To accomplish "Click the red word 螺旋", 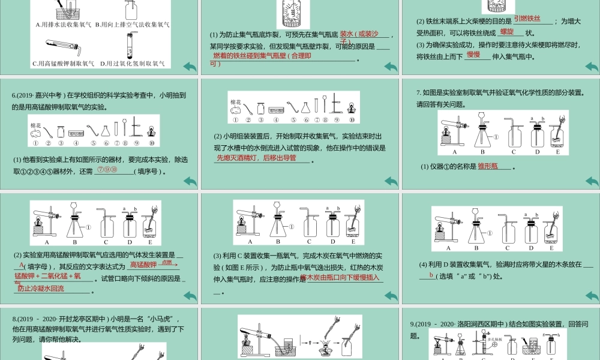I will (506, 31).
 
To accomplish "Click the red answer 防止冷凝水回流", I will (41, 289).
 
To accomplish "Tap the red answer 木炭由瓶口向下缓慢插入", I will (340, 278).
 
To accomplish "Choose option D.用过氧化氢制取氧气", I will (133, 63).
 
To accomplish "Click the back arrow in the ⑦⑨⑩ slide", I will (190, 181).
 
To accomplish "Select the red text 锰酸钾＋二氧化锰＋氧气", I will (48, 276).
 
